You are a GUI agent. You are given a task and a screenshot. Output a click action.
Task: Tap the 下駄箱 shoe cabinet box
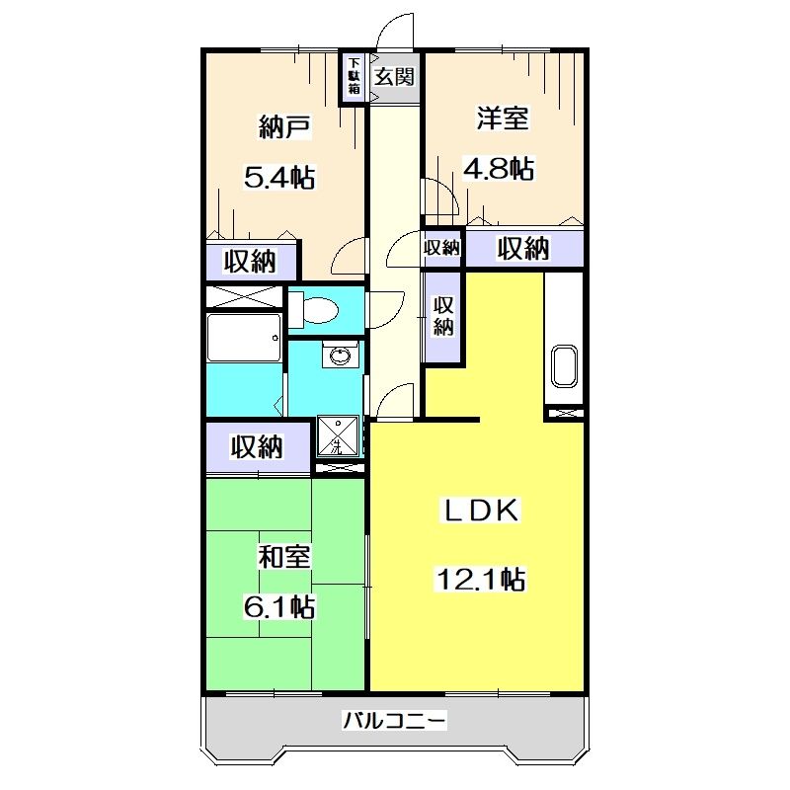pos(353,77)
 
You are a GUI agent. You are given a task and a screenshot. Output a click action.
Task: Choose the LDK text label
pos(478,511)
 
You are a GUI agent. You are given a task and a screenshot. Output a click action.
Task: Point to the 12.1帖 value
pos(481,579)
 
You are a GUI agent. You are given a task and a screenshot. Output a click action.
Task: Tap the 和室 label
pos(284,557)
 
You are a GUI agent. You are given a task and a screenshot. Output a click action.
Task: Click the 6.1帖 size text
pos(279,606)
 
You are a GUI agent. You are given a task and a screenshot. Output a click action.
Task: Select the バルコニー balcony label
pos(395,721)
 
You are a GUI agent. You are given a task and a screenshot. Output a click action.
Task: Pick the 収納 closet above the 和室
pos(257,446)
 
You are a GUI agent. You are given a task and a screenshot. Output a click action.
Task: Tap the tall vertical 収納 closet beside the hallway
pos(444,316)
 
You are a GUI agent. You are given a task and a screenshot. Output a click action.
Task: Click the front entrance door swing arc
pos(395,30)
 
